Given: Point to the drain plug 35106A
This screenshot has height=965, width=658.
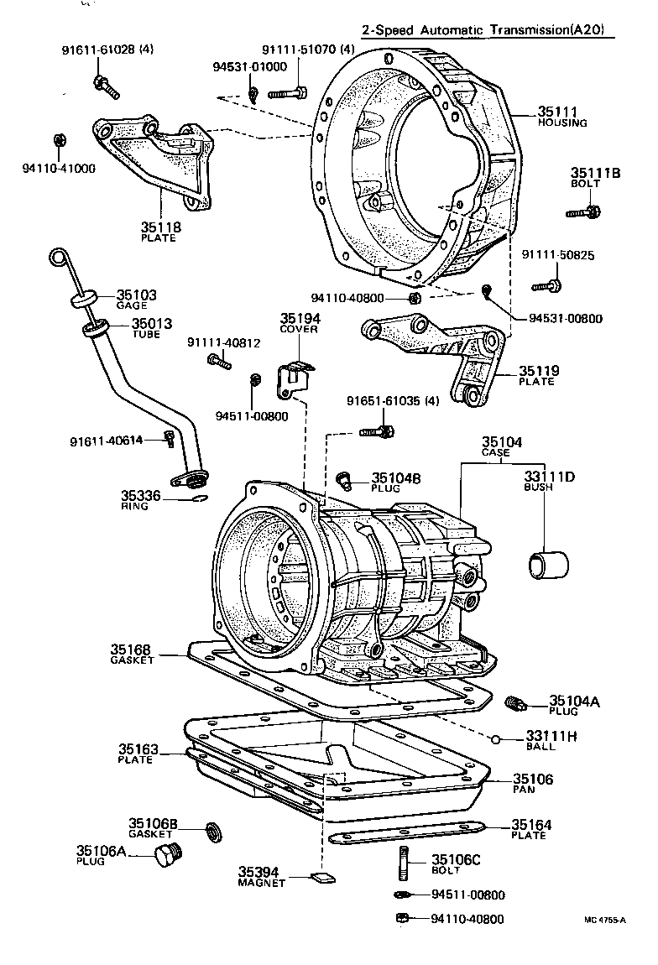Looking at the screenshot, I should (168, 857).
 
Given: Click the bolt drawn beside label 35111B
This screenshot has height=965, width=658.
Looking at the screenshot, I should (584, 212).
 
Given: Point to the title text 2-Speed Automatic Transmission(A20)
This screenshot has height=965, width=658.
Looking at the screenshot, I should (483, 31).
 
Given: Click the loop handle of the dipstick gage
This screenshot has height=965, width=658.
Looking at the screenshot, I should (57, 258).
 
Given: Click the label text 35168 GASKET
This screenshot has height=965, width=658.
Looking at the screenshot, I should (132, 654).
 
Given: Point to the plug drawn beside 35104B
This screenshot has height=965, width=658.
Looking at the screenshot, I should (343, 479).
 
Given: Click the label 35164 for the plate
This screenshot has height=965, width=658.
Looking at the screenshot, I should (532, 829).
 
